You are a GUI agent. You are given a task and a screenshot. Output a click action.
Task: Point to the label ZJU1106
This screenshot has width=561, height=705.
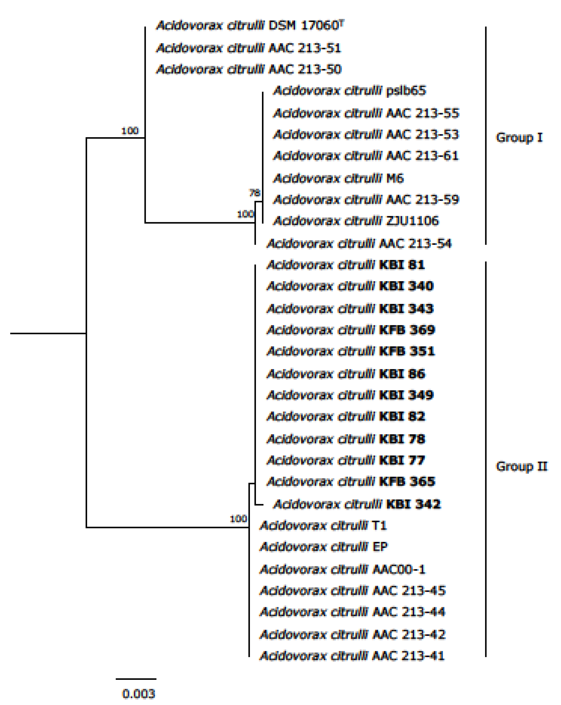pos(412,221)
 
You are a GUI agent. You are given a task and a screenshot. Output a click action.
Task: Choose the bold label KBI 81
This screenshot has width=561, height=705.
pos(402,265)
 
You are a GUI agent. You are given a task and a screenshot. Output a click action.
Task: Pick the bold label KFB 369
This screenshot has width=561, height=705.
pos(407,330)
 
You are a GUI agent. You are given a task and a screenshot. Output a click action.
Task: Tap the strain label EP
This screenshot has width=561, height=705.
pos(380,547)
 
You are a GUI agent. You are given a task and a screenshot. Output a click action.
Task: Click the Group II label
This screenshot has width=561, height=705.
pos(521,466)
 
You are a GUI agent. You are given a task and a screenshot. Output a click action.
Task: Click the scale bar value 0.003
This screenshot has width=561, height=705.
pos(138,694)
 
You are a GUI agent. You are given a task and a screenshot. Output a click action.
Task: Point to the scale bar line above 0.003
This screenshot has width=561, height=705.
pos(136,679)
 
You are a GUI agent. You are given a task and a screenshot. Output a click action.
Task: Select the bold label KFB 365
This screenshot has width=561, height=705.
pos(407,481)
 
